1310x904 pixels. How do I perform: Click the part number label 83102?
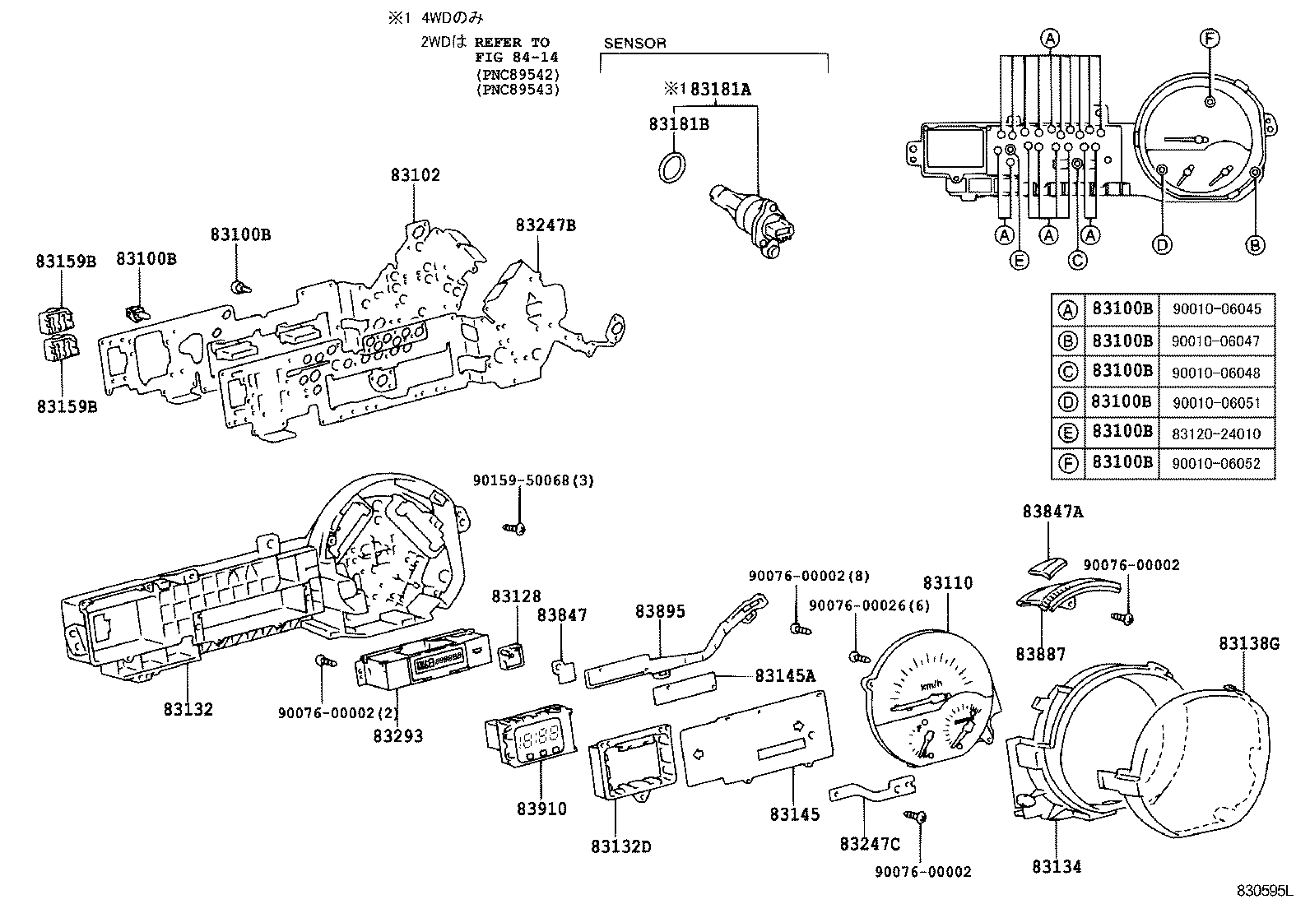click(x=416, y=175)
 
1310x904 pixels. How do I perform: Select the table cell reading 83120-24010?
click(x=1216, y=433)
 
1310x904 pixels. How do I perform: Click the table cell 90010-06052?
click(x=1216, y=464)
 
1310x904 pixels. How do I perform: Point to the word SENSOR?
click(x=634, y=43)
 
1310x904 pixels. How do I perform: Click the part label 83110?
click(x=947, y=583)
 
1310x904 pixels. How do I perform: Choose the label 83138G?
click(x=1249, y=643)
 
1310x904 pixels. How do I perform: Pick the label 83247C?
click(x=870, y=844)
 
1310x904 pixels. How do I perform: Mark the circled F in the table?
click(x=1067, y=464)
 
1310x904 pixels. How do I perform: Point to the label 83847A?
click(x=1052, y=512)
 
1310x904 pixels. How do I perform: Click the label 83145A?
click(x=785, y=676)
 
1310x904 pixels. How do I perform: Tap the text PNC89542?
click(x=518, y=74)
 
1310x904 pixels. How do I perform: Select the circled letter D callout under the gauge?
click(x=1162, y=244)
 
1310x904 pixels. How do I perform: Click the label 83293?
click(x=398, y=736)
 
